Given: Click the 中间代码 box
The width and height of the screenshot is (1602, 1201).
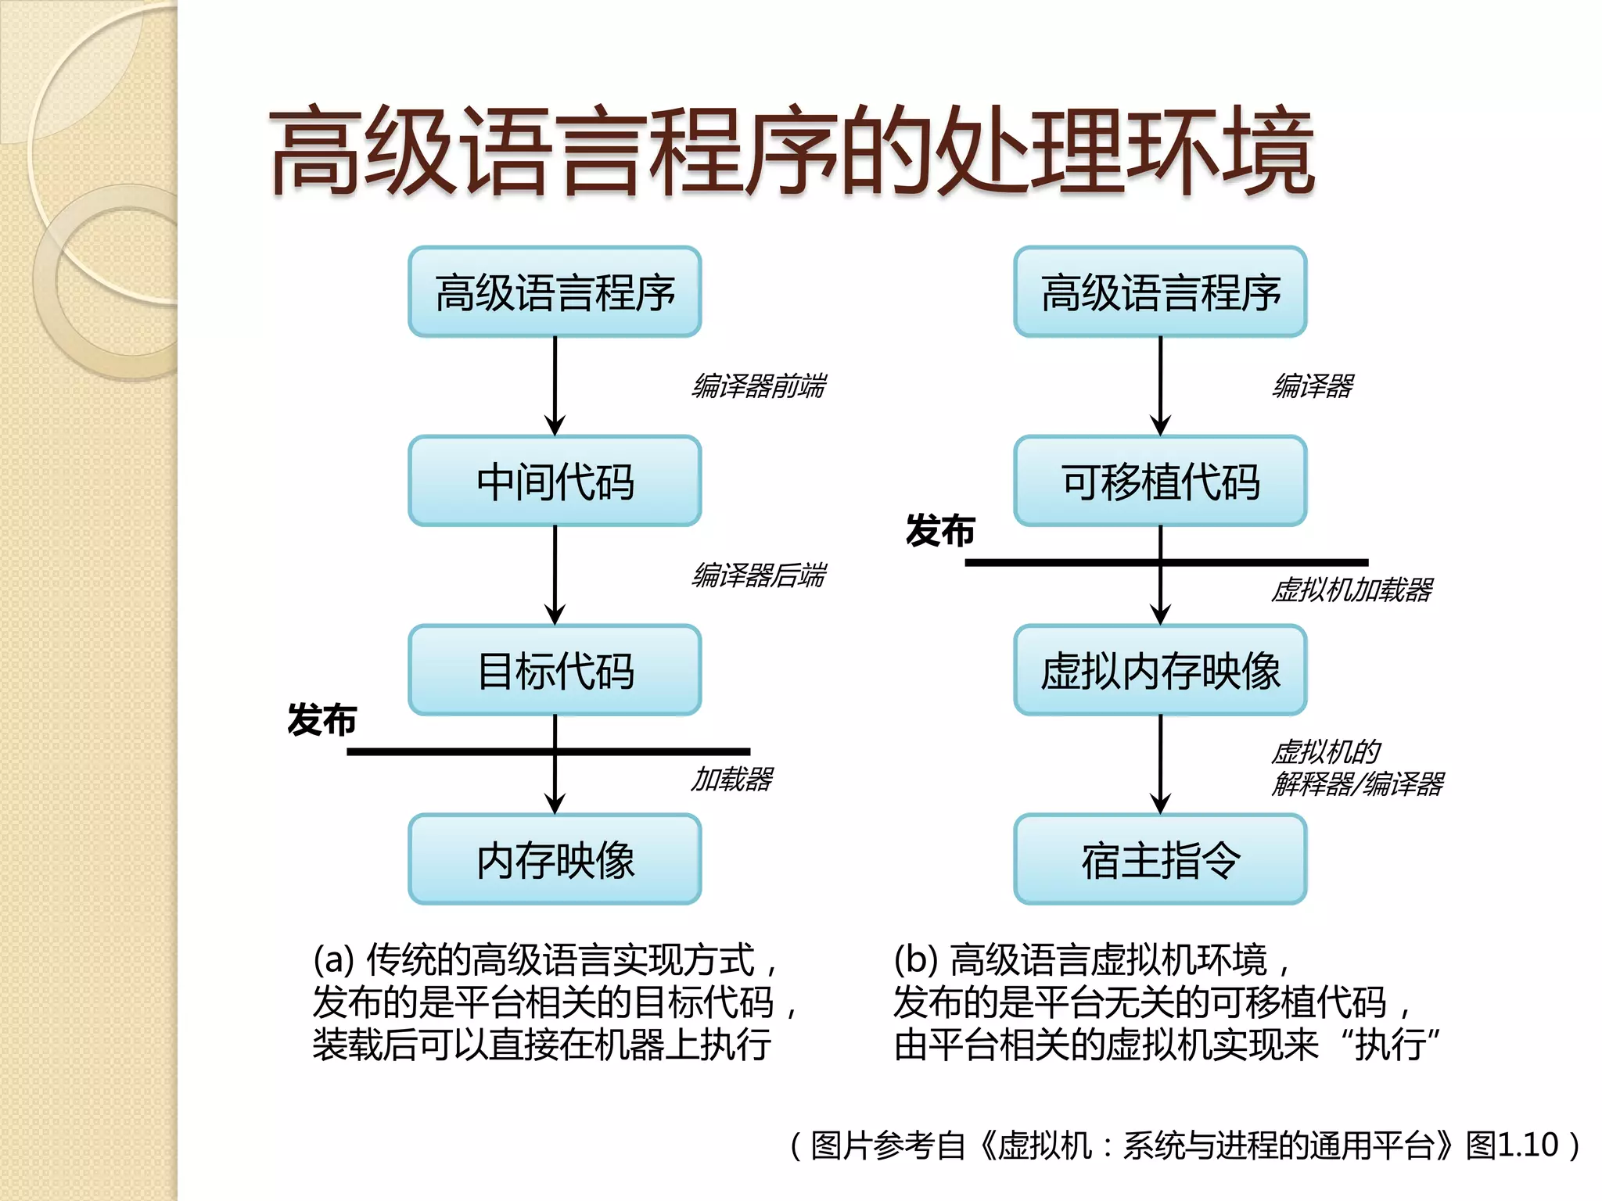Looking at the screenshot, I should (555, 481).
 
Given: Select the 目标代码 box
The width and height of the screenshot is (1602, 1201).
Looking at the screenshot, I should (555, 670).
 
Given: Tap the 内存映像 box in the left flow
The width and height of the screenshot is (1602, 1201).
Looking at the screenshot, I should (555, 859).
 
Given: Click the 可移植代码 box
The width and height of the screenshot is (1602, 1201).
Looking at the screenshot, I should (1160, 481).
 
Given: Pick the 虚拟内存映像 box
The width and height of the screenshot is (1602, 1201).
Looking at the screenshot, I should (1160, 670).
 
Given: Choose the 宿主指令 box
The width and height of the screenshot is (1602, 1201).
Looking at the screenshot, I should (1160, 859).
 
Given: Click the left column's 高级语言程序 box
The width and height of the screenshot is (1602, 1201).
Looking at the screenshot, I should (555, 292).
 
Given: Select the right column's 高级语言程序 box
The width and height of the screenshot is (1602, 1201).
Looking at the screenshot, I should (1160, 292).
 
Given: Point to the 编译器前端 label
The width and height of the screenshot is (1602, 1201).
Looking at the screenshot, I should (759, 386).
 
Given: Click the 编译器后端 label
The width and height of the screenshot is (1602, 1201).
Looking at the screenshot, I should (759, 575).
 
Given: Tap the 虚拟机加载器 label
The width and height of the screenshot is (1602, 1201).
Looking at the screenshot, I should (1352, 590).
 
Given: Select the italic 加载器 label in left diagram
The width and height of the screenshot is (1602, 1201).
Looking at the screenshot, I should (732, 780).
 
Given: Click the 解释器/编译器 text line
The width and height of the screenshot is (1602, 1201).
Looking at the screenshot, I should (1358, 783).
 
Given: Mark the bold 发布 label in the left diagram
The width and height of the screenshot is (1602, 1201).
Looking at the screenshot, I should (321, 719).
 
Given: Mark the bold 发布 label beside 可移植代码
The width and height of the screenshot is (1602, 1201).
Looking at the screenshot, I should (939, 531).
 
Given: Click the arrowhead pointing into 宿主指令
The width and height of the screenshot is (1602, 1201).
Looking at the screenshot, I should (1160, 804).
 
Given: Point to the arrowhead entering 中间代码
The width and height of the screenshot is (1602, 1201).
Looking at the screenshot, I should (555, 426).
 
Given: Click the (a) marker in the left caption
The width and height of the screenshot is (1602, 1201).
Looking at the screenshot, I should (334, 959).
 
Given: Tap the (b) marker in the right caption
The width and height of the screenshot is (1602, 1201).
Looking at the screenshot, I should (915, 959).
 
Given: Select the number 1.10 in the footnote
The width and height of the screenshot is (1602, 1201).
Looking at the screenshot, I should (1528, 1145).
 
